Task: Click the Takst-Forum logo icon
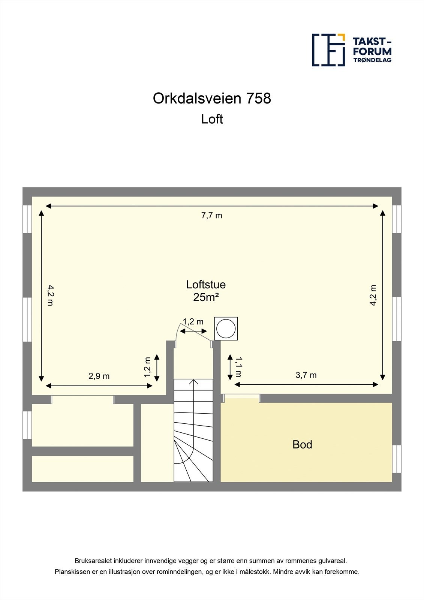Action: click(x=328, y=50)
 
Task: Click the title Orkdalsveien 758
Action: click(x=212, y=98)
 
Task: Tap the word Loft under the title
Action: click(x=212, y=119)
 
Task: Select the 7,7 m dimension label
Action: click(x=212, y=216)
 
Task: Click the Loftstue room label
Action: click(x=206, y=285)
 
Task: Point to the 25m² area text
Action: click(x=206, y=297)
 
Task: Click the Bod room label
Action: click(x=302, y=445)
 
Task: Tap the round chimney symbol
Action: click(x=226, y=328)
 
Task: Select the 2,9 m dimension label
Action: click(x=99, y=376)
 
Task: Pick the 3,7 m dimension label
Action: click(x=306, y=375)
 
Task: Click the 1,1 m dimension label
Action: click(x=238, y=367)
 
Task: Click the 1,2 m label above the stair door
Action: click(x=193, y=322)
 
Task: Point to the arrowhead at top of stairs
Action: click(x=194, y=382)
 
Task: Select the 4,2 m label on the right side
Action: click(x=373, y=295)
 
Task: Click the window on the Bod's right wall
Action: click(x=397, y=459)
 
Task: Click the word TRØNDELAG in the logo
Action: click(x=372, y=60)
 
